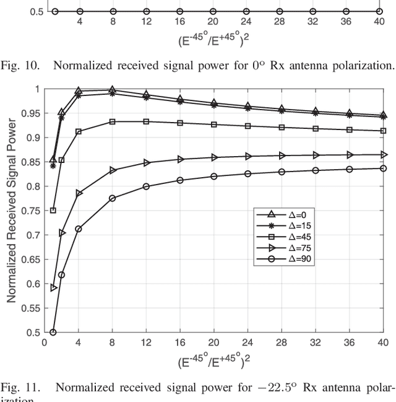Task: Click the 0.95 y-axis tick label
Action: [27, 113]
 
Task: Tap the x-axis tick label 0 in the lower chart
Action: [45, 342]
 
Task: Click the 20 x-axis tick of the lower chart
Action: [213, 342]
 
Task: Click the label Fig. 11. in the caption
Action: [18, 388]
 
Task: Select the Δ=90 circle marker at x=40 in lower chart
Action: [383, 168]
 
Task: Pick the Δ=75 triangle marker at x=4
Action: [79, 193]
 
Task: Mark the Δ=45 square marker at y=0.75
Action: [53, 211]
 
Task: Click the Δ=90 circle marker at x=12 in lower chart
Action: [146, 186]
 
